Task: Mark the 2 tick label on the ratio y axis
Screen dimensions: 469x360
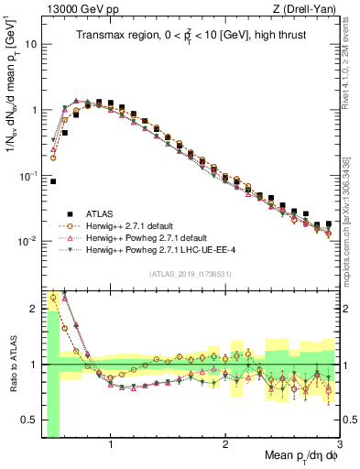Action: tap(35, 309)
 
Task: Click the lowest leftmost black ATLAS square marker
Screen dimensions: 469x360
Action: tap(53, 181)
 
